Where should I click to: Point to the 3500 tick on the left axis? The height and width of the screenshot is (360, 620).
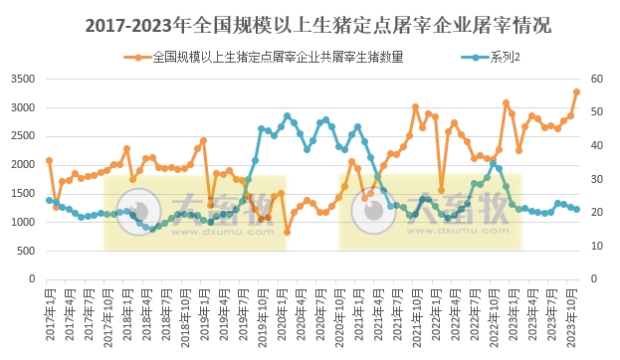point(22,79)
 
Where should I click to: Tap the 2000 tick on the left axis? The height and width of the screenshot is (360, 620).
point(22,165)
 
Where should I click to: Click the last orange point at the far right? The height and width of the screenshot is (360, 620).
point(576,91)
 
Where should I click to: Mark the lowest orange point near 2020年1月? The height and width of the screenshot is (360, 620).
point(287,232)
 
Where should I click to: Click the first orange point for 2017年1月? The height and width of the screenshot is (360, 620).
point(49,160)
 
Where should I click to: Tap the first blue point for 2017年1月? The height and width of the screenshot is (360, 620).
point(49,200)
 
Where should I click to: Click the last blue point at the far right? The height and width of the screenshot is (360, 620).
point(576,209)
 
